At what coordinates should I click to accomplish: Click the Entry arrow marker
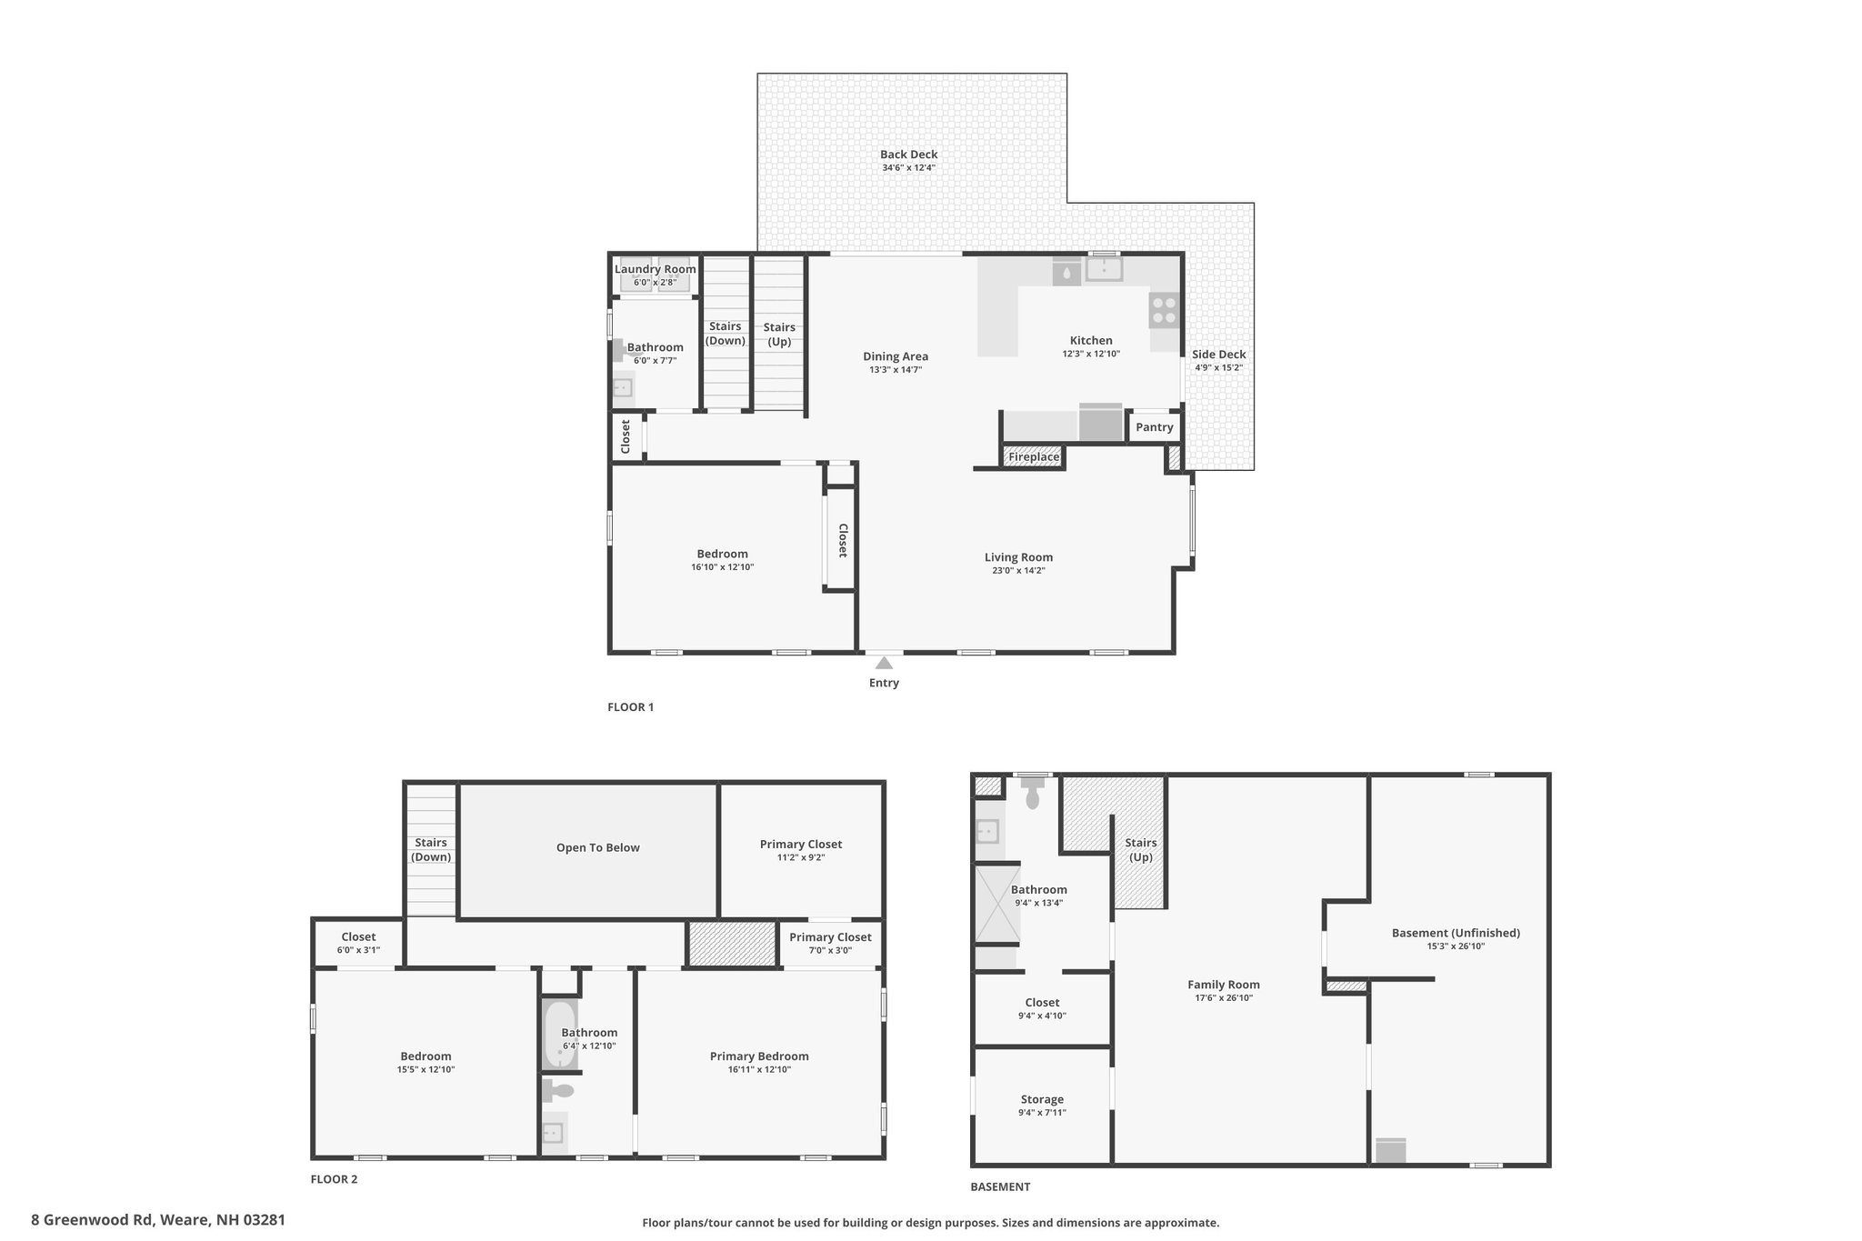[x=884, y=663]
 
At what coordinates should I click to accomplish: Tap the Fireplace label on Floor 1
[x=1034, y=456]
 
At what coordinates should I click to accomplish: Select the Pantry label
[x=1155, y=427]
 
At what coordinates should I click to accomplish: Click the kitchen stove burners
[x=1164, y=309]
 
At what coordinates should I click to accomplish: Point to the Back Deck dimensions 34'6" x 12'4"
[x=908, y=168]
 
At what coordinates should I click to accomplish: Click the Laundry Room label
[x=656, y=269]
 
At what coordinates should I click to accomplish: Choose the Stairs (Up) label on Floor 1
[x=779, y=335]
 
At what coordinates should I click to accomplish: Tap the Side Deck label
[x=1218, y=355]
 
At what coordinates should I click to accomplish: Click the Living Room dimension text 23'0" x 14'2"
[x=1018, y=571]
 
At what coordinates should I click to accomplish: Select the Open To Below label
[x=598, y=847]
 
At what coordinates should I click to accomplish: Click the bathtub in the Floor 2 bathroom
[x=559, y=1034]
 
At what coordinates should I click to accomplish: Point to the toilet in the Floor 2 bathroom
[x=558, y=1089]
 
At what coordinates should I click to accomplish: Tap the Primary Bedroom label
[x=759, y=1056]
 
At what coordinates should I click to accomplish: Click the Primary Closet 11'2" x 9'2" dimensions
[x=800, y=857]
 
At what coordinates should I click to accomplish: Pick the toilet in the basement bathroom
[x=1032, y=795]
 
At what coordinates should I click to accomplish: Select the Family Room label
[x=1224, y=985]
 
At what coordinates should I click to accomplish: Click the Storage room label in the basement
[x=1042, y=1099]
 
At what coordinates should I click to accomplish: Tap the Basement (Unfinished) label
[x=1456, y=933]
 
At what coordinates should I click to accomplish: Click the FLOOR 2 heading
[x=335, y=1180]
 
